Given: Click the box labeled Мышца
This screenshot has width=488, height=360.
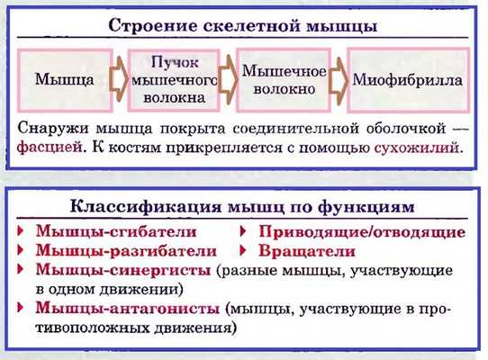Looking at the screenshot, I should click(63, 79).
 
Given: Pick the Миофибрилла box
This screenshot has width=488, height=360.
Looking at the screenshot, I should click(407, 79).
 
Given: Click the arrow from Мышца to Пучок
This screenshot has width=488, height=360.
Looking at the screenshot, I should click(116, 79).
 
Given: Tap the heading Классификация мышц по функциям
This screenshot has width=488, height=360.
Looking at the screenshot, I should click(243, 208).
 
